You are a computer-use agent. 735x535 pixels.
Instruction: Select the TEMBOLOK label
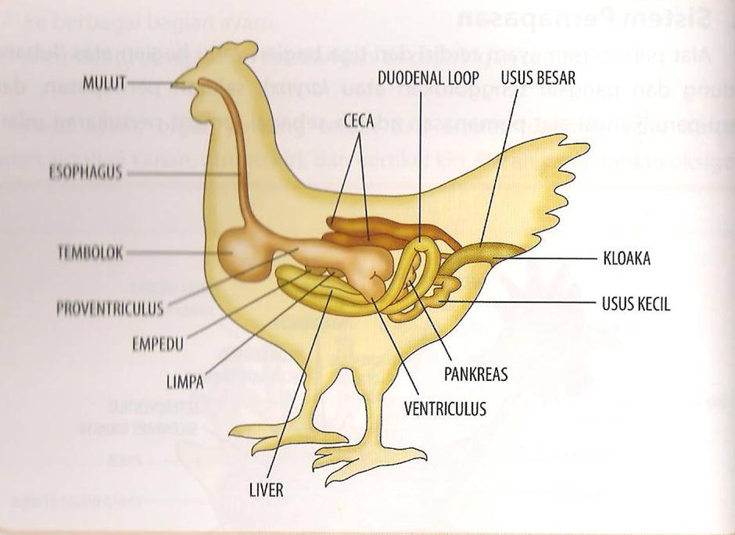pos(91,253)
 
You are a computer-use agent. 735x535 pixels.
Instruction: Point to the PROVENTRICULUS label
pos(110,307)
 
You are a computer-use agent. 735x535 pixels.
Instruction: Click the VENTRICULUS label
pos(445,408)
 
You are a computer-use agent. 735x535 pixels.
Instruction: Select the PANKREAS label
pos(475,375)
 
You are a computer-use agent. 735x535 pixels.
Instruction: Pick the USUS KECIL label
pos(636,303)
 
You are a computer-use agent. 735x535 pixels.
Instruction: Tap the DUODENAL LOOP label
pos(422,78)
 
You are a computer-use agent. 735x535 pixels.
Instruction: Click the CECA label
pos(360,120)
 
